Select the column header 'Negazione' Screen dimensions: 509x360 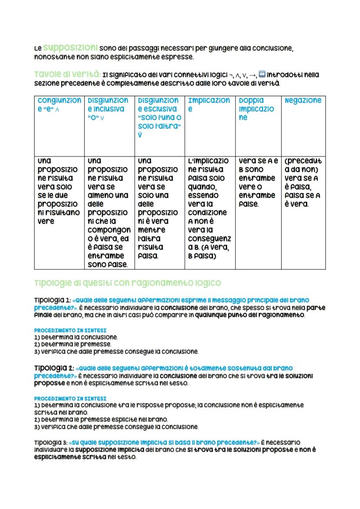pyautogui.click(x=303, y=100)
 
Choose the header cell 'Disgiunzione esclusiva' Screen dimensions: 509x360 pyautogui.click(x=158, y=117)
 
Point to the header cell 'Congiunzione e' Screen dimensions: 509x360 pyautogui.click(x=59, y=105)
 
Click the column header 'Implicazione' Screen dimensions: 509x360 pyautogui.click(x=209, y=105)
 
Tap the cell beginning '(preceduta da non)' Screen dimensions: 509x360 pyautogui.click(x=303, y=182)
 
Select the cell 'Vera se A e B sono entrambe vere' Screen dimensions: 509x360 pyautogui.click(x=257, y=182)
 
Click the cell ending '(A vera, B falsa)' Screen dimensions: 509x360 pyautogui.click(x=209, y=208)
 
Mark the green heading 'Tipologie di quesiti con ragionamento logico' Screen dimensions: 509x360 pyautogui.click(x=127, y=283)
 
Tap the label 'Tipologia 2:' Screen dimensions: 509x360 pyautogui.click(x=53, y=368)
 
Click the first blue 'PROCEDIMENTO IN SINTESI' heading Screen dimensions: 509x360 pyautogui.click(x=70, y=330)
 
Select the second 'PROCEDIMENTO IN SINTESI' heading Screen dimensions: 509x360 pyautogui.click(x=70, y=398)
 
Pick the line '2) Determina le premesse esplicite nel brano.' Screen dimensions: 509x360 pyautogui.click(x=101, y=419)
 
